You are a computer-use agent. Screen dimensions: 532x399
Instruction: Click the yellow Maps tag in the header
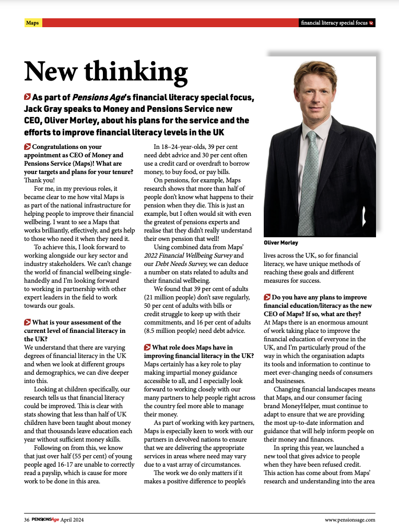point(32,23)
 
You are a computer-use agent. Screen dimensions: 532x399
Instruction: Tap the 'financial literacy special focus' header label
point(334,23)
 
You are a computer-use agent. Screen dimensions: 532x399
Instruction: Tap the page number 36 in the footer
point(26,519)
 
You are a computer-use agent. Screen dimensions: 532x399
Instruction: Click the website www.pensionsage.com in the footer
point(350,519)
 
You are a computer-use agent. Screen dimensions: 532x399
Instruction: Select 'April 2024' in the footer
point(72,519)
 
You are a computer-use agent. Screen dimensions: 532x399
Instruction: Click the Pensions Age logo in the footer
point(45,519)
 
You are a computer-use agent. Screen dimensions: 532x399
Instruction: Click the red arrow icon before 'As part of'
point(27,97)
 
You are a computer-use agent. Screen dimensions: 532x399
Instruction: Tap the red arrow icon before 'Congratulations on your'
point(27,147)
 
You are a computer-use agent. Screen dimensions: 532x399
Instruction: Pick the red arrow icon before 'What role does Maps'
point(147,348)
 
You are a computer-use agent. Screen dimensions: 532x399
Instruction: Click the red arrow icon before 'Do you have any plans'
point(267,297)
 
